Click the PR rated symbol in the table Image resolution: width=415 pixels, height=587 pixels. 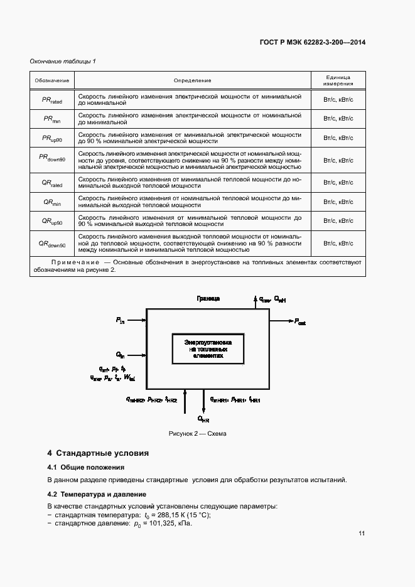click(x=51, y=99)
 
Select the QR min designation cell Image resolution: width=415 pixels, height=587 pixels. click(x=51, y=202)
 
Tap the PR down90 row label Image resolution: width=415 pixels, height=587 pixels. click(x=51, y=158)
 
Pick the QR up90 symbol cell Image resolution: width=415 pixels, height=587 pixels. click(x=51, y=221)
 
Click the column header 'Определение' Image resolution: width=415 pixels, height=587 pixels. click(x=192, y=80)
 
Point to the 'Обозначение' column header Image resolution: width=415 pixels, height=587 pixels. click(x=51, y=80)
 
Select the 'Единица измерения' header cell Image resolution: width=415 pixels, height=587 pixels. click(x=338, y=80)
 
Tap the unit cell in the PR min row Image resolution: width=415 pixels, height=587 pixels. click(x=338, y=119)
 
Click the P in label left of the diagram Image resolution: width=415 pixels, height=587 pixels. click(x=121, y=320)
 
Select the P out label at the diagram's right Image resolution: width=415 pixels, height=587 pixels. click(x=300, y=321)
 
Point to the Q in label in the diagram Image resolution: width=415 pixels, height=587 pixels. click(x=121, y=355)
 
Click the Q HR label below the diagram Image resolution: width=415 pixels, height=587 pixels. click(x=203, y=419)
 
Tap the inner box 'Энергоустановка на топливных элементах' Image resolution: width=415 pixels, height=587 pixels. click(x=208, y=348)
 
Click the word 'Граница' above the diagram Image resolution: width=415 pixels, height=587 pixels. click(x=208, y=299)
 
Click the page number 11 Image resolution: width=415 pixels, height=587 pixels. click(x=362, y=534)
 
